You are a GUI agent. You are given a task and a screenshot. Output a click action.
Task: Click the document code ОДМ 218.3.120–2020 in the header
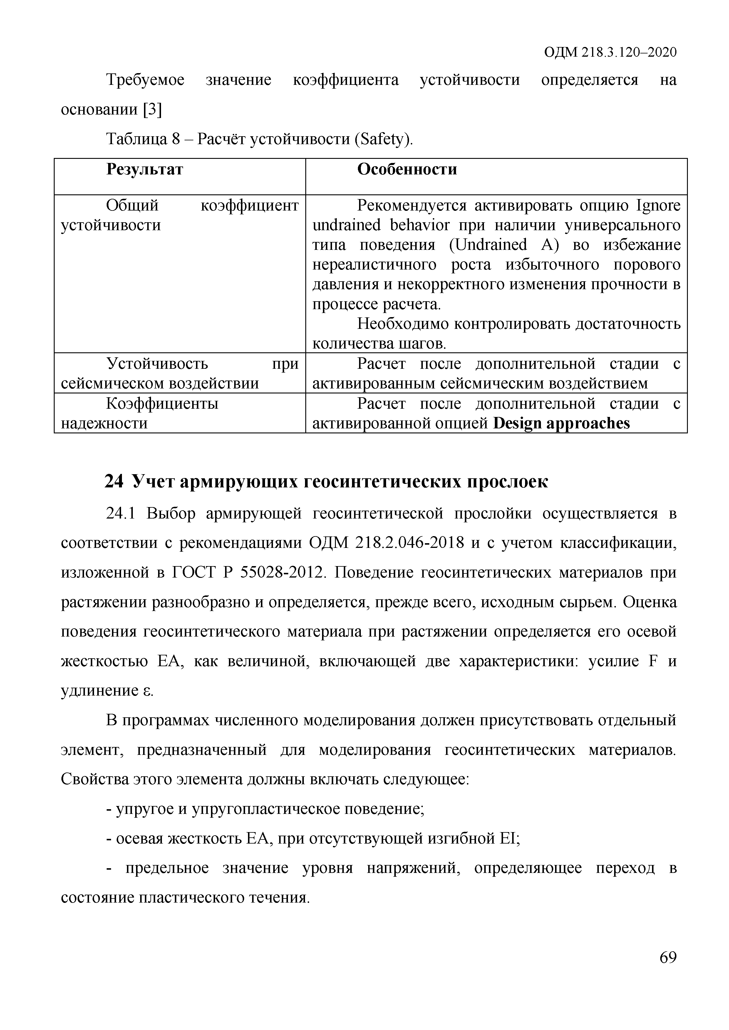tap(610, 53)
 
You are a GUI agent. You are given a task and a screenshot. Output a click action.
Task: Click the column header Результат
tap(145, 170)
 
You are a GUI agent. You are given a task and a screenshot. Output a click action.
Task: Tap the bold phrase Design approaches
tap(561, 423)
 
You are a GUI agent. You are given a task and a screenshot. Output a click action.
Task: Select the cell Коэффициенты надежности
tap(162, 413)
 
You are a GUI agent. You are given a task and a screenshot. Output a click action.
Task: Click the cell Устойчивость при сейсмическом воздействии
tap(180, 373)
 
